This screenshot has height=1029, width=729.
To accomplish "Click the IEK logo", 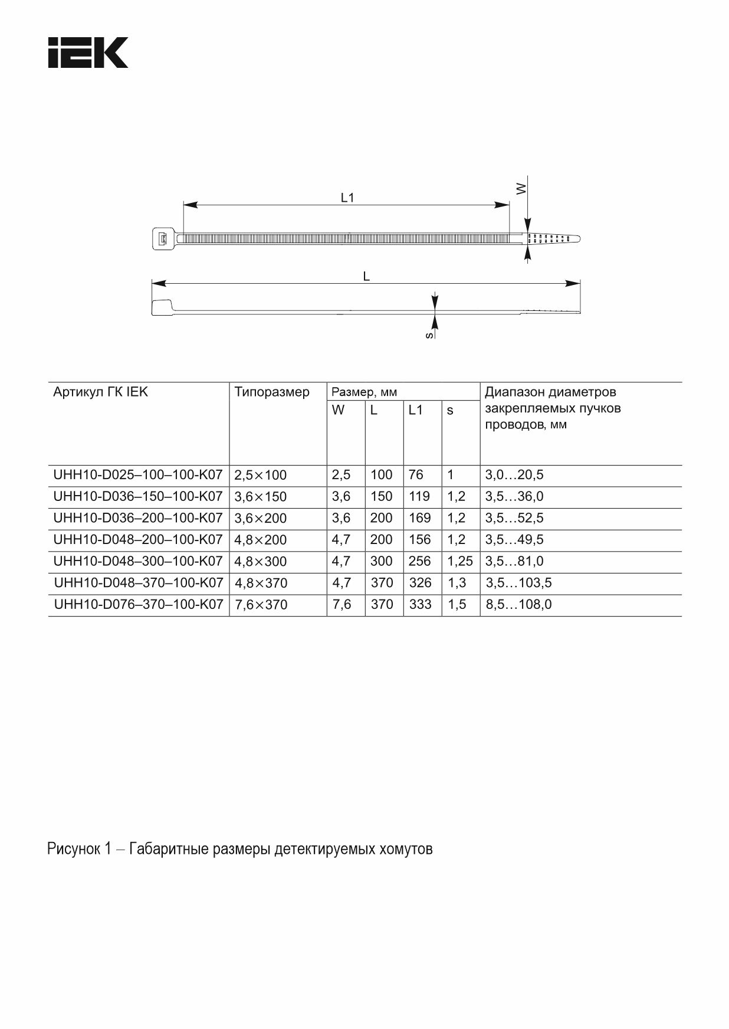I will tap(88, 53).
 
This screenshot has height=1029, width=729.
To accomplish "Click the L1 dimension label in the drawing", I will tap(347, 198).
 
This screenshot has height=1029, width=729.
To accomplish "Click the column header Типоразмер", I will tap(272, 392).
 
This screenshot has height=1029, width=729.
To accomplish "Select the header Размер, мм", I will tap(364, 392).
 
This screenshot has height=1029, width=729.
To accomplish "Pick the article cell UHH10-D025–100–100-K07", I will tap(138, 474).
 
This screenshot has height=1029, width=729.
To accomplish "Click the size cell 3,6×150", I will tap(261, 497).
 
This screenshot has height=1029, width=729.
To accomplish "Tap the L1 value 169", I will tap(419, 518).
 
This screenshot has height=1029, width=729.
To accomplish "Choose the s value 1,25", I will tap(460, 561).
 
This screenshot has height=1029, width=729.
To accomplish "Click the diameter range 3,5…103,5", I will tap(518, 583).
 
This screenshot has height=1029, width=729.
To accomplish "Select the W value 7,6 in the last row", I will tap(341, 605).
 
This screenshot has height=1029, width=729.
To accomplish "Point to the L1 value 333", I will tap(420, 605).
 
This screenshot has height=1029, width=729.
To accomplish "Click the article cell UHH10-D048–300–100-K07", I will tap(138, 561).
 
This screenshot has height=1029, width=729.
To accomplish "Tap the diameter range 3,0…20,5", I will tap(514, 474).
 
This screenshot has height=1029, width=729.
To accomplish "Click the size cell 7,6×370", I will tap(261, 605).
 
